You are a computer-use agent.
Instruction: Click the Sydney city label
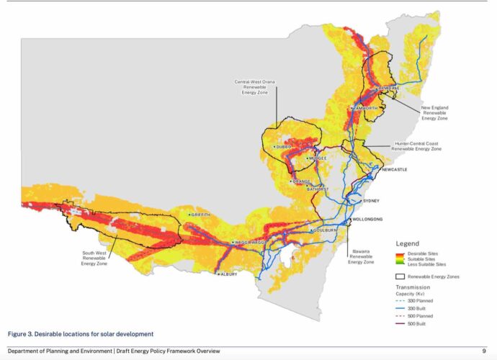[371, 201]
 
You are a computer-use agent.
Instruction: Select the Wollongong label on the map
[367, 218]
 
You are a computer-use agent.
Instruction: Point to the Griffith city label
[201, 215]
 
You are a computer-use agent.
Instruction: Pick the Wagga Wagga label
[249, 243]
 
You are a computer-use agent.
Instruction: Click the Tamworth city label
[365, 108]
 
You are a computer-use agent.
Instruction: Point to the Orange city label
[302, 181]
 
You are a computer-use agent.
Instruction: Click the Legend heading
[408, 244]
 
